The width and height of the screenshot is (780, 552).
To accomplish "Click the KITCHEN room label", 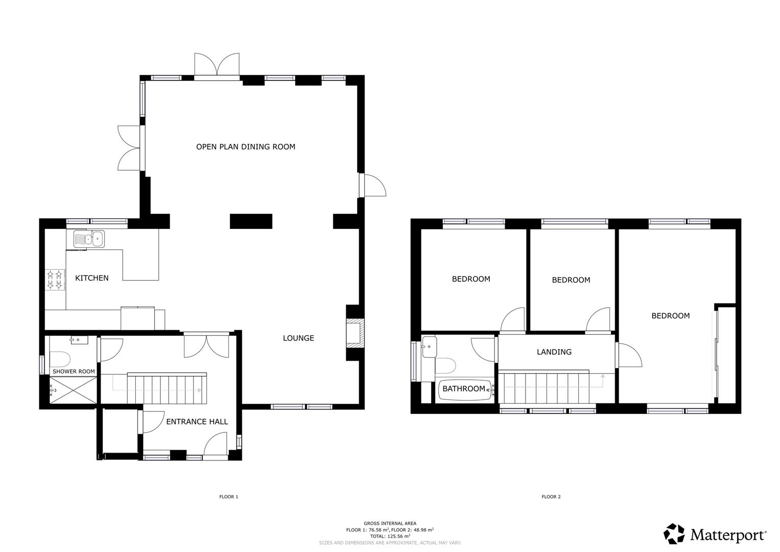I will pyautogui.click(x=92, y=278).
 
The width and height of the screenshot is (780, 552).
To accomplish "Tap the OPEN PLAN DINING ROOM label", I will pyautogui.click(x=246, y=147).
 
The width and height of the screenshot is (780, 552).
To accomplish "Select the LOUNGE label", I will pyautogui.click(x=298, y=338).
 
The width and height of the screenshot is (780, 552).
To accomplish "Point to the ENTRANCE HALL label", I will pyautogui.click(x=197, y=422).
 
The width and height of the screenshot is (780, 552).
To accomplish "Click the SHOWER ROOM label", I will pyautogui.click(x=74, y=371).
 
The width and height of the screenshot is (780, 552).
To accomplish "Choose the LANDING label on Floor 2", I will pyautogui.click(x=554, y=352).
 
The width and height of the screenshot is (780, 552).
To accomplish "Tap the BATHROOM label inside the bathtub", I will pyautogui.click(x=464, y=389).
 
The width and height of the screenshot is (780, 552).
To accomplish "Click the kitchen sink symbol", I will pyautogui.click(x=89, y=239).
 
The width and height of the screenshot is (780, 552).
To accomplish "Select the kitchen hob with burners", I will pyautogui.click(x=56, y=280).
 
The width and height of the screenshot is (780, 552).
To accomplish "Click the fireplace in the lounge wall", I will pyautogui.click(x=354, y=333).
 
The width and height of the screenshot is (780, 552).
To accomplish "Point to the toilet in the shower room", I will pyautogui.click(x=61, y=357).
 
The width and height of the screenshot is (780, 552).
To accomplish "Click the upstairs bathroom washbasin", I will pyautogui.click(x=429, y=347).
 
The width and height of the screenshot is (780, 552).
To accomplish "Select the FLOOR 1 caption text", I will pyautogui.click(x=228, y=497).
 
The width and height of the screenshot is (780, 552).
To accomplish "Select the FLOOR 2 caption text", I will pyautogui.click(x=551, y=497).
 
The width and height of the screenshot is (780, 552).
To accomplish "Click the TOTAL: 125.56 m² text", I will pyautogui.click(x=390, y=536).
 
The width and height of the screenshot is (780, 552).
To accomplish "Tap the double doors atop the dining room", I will pyautogui.click(x=217, y=66).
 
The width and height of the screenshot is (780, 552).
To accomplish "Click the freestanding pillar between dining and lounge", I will pyautogui.click(x=251, y=221).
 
